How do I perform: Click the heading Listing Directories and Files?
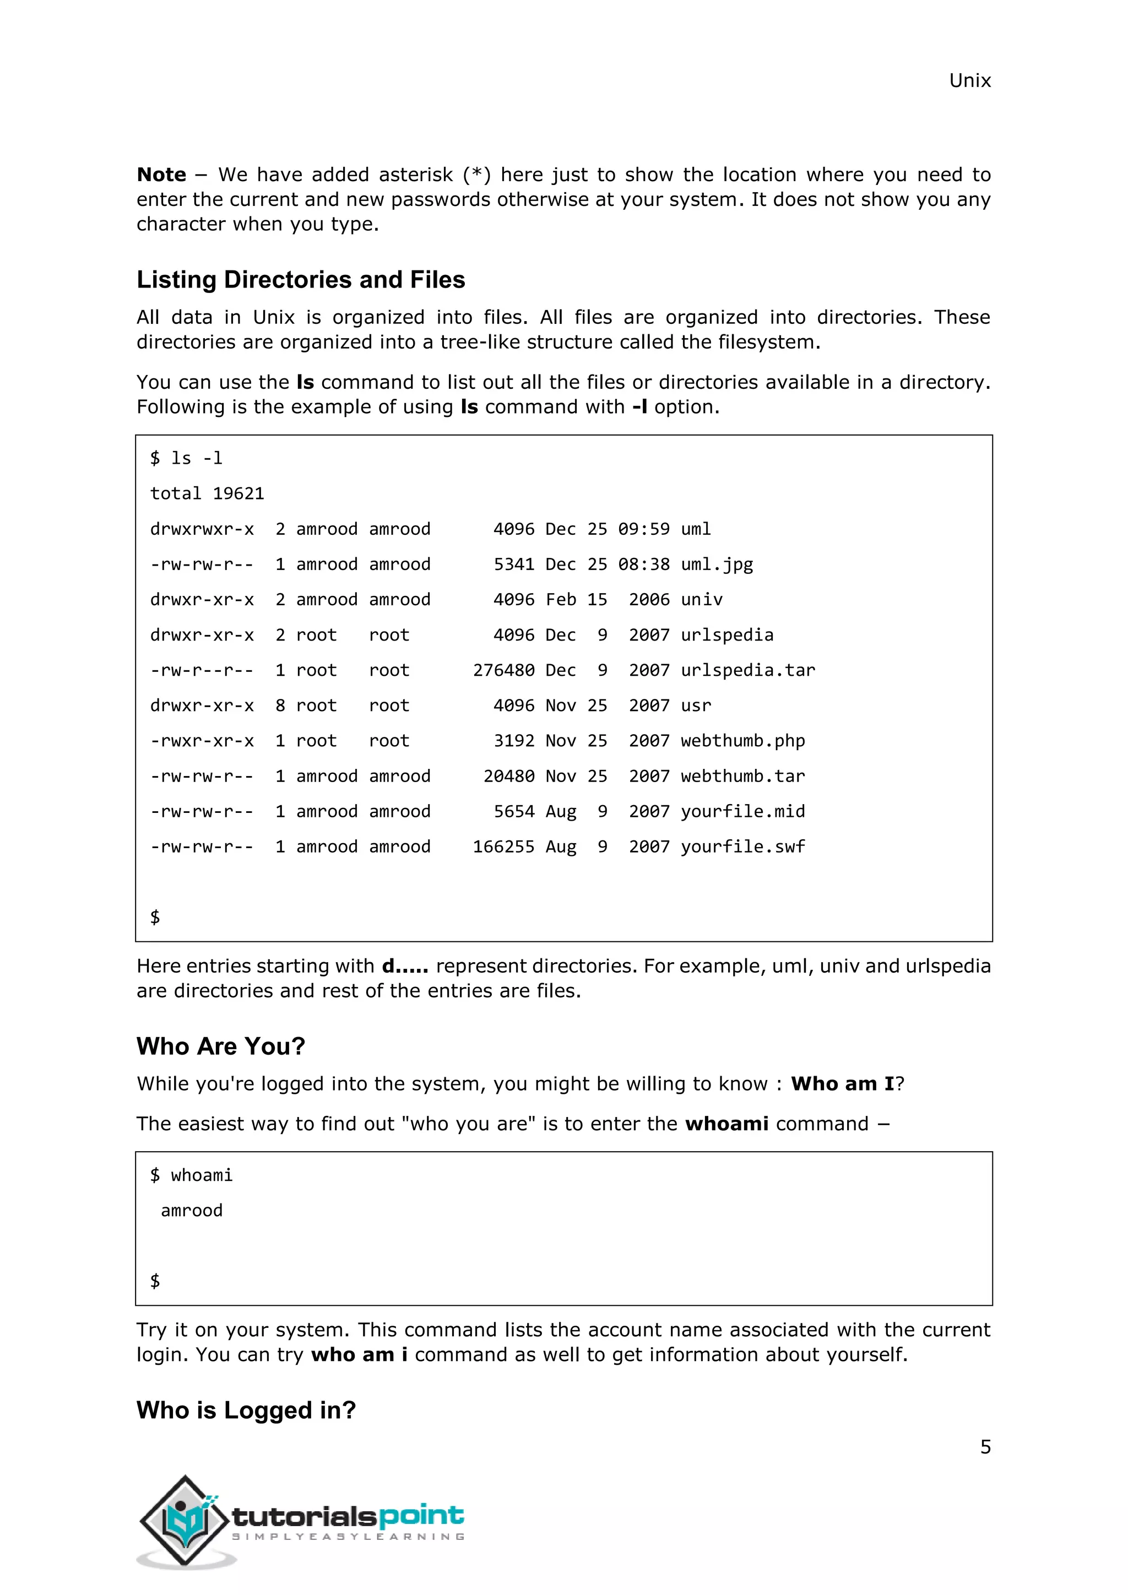pyautogui.click(x=300, y=279)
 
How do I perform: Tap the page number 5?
pyautogui.click(x=985, y=1446)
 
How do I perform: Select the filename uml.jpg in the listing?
pyautogui.click(x=716, y=565)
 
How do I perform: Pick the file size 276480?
pyautogui.click(x=503, y=670)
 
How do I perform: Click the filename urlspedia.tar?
pyautogui.click(x=747, y=670)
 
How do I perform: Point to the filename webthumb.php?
pyautogui.click(x=742, y=741)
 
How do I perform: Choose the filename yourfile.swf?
pyautogui.click(x=742, y=847)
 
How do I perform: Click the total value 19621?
pyautogui.click(x=238, y=494)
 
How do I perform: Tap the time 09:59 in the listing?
pyautogui.click(x=644, y=529)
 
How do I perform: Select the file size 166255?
pyautogui.click(x=503, y=847)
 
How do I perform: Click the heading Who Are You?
pyautogui.click(x=220, y=1046)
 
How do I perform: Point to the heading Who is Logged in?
pyautogui.click(x=246, y=1409)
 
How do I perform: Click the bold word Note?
pyautogui.click(x=161, y=175)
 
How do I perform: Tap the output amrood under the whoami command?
pyautogui.click(x=192, y=1211)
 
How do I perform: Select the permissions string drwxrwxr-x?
pyautogui.click(x=202, y=529)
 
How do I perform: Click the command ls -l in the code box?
pyautogui.click(x=197, y=458)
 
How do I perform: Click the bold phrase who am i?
pyautogui.click(x=359, y=1355)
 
